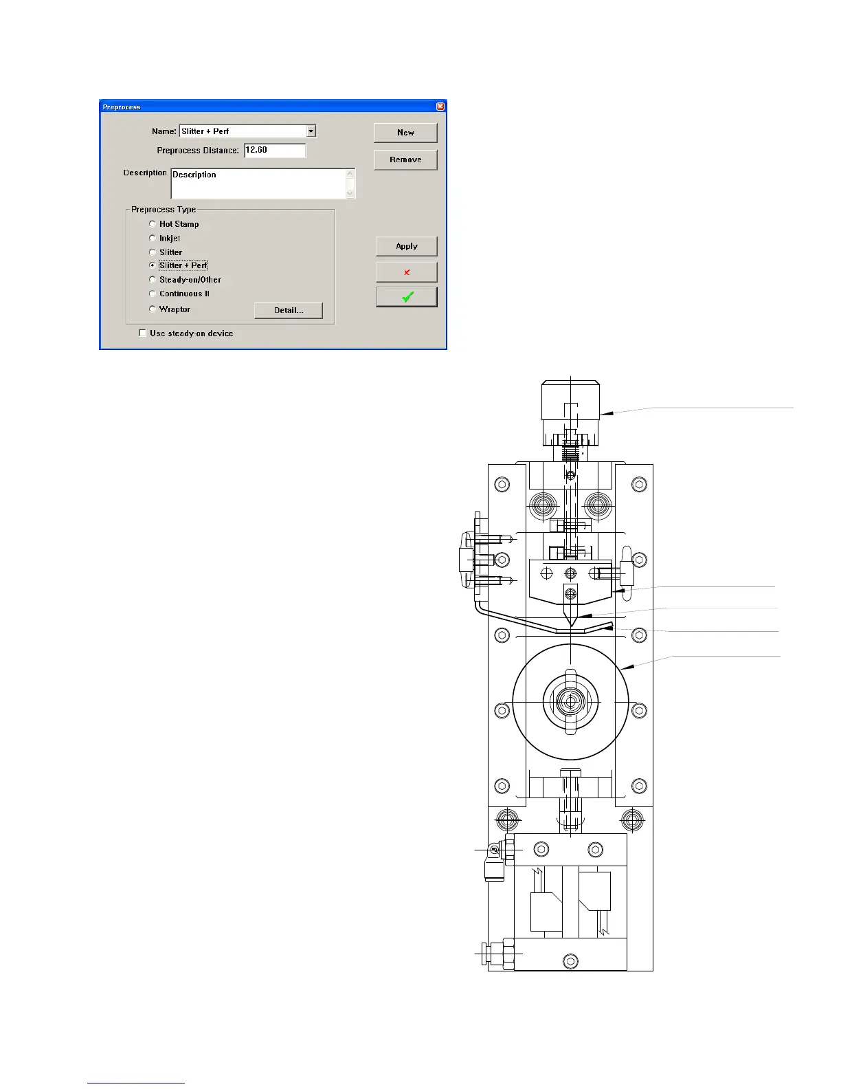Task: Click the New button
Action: click(x=405, y=133)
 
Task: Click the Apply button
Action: click(x=406, y=246)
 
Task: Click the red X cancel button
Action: click(x=406, y=272)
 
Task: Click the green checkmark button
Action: click(x=406, y=297)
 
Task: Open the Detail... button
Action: click(x=288, y=310)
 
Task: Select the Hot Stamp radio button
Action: click(x=153, y=224)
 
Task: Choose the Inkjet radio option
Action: click(x=153, y=238)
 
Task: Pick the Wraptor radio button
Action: click(x=153, y=309)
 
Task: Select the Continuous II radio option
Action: click(x=153, y=294)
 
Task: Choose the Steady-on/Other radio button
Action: click(x=153, y=280)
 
